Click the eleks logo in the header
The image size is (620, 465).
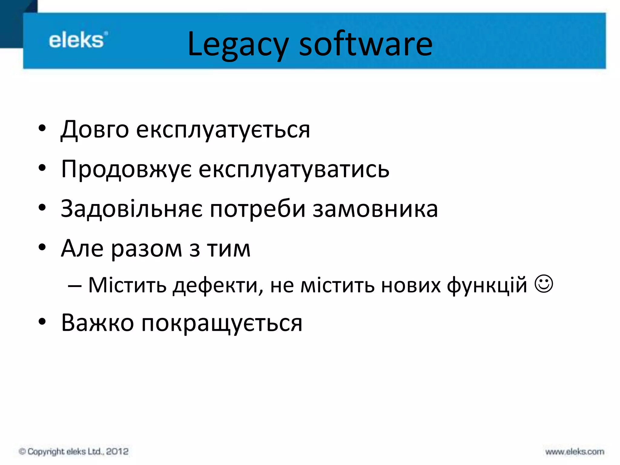tap(77, 40)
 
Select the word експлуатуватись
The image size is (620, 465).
tap(294, 170)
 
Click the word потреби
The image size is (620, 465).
tap(258, 209)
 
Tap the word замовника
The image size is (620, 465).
tap(375, 209)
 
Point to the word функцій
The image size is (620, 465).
tap(487, 285)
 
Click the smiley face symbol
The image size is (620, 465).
tap(544, 284)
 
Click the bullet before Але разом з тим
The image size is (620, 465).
tap(42, 247)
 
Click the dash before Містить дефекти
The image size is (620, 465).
tap(74, 285)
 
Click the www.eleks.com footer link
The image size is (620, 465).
tap(575, 452)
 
